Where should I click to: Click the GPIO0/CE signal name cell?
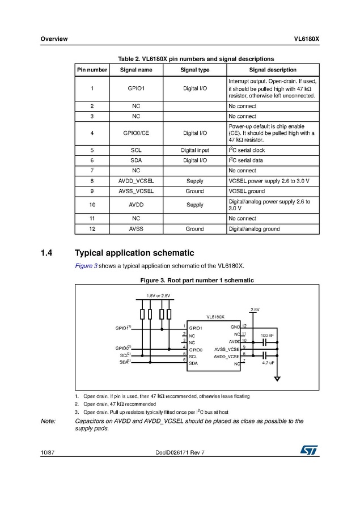click(x=136, y=133)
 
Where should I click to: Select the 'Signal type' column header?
click(x=194, y=70)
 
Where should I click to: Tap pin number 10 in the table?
click(x=92, y=205)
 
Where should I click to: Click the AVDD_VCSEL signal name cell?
click(x=136, y=181)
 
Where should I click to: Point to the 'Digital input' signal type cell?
click(x=194, y=150)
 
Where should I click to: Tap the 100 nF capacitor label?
click(x=268, y=336)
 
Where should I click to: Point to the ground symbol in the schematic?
click(x=277, y=379)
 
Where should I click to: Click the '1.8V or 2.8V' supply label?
click(x=158, y=296)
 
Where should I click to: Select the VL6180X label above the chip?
click(x=215, y=317)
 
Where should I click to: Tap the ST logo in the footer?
click(x=310, y=449)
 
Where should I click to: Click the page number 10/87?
click(x=47, y=452)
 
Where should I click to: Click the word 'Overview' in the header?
click(x=54, y=39)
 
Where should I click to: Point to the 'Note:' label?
click(x=48, y=421)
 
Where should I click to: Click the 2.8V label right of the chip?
click(x=255, y=309)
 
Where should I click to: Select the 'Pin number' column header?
click(x=92, y=70)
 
